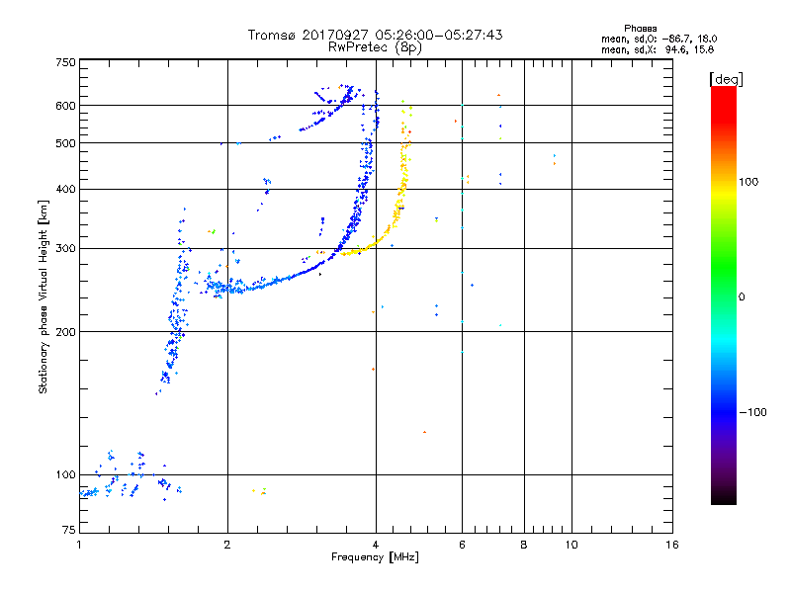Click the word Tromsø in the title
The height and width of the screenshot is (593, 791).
click(x=272, y=35)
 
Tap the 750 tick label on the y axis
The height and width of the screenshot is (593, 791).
click(x=65, y=62)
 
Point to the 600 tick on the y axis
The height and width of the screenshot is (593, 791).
click(x=65, y=106)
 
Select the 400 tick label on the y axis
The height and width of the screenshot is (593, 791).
click(x=65, y=189)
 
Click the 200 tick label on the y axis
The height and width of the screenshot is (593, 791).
click(x=65, y=331)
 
